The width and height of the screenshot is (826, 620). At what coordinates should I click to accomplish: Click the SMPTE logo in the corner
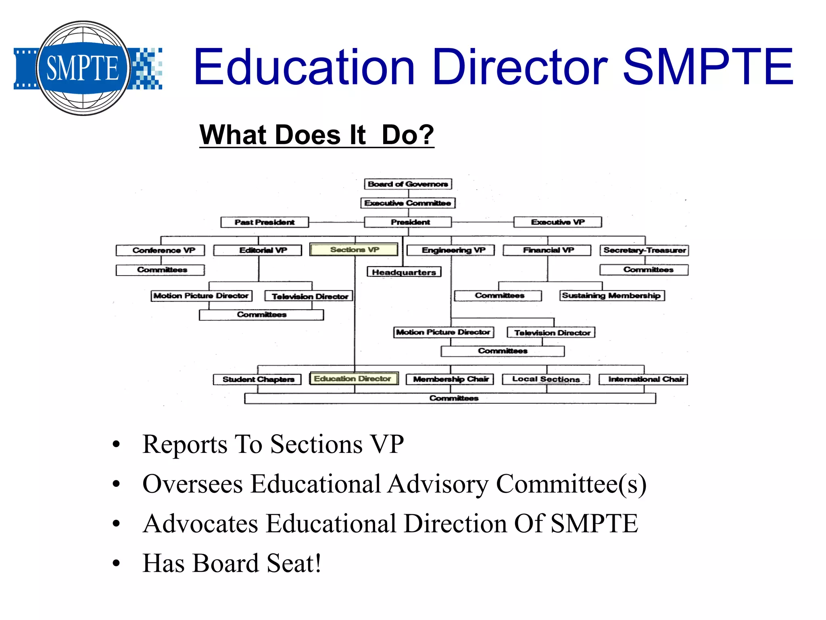click(x=84, y=68)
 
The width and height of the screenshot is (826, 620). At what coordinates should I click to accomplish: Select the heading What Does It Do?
click(x=317, y=135)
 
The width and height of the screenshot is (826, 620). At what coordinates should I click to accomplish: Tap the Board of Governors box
click(x=408, y=184)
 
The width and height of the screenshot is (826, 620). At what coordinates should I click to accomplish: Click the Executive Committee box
click(x=408, y=203)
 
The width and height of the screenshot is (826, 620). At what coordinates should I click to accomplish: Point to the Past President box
click(x=265, y=222)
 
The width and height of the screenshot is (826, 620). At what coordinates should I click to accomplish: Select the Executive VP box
click(x=557, y=222)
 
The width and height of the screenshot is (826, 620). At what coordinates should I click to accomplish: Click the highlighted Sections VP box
click(x=354, y=250)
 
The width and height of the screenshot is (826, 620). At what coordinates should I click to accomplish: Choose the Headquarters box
click(x=404, y=272)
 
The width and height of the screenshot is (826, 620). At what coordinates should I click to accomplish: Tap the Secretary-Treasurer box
click(x=644, y=250)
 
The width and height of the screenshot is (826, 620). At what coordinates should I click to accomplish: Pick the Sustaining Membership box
click(x=612, y=295)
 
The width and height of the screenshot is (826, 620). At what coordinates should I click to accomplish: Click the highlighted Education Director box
click(x=353, y=379)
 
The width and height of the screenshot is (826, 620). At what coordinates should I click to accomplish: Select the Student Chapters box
click(x=258, y=379)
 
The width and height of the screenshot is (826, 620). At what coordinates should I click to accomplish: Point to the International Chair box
click(x=643, y=379)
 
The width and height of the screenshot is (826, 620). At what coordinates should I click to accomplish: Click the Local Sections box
click(x=546, y=379)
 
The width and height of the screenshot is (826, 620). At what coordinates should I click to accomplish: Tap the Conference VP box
click(x=161, y=250)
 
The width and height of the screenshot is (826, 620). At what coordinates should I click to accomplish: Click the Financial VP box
click(x=547, y=250)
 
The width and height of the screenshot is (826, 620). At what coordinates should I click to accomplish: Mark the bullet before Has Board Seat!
click(x=117, y=563)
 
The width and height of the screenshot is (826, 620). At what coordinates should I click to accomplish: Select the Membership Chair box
click(x=450, y=379)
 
